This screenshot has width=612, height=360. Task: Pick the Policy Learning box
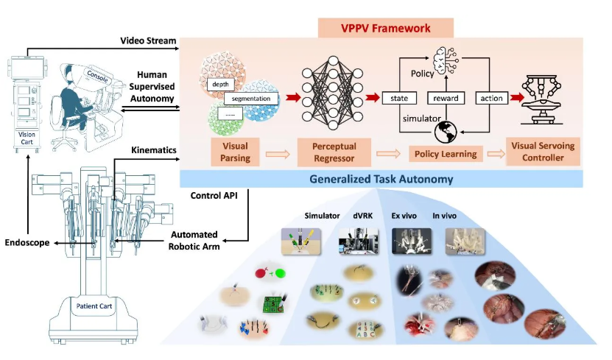click(445, 153)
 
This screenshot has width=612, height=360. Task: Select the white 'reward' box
click(446, 98)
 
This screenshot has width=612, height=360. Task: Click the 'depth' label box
click(220, 85)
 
